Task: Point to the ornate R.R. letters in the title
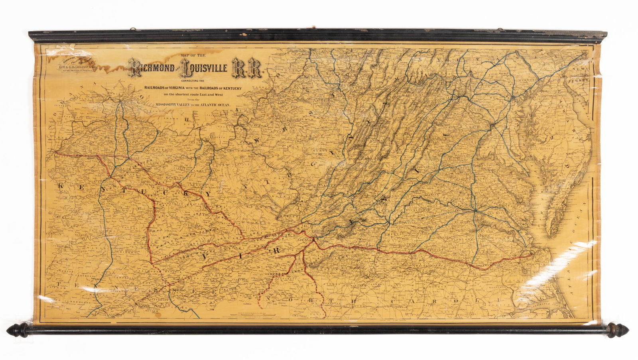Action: [248, 68]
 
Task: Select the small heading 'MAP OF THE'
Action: [193, 55]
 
